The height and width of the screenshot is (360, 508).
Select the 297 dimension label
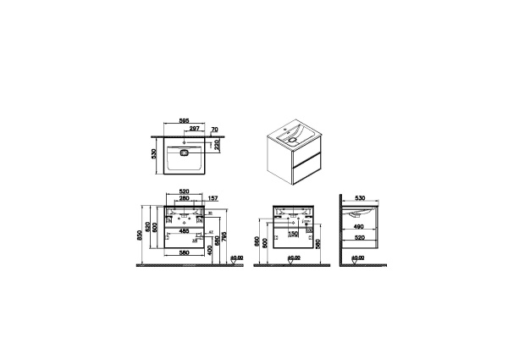[194, 129]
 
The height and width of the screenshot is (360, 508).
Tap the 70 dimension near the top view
[215, 129]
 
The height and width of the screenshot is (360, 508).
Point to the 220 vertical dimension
[217, 144]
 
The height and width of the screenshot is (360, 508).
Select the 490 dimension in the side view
[361, 227]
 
